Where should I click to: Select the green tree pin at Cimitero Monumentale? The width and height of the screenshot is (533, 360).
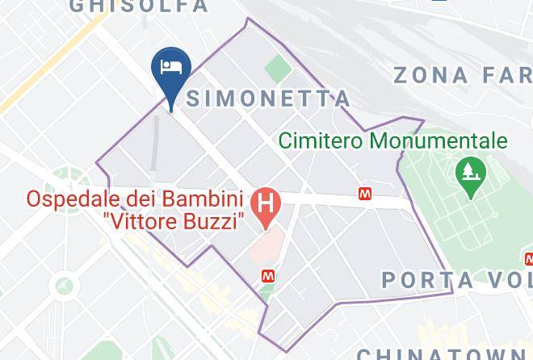(468, 171)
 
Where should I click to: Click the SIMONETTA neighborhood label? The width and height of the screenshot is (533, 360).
(268, 98)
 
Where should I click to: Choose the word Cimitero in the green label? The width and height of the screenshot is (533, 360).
(321, 141)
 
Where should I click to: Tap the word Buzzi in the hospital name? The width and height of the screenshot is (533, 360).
(213, 221)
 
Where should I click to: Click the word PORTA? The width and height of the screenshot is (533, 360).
(426, 280)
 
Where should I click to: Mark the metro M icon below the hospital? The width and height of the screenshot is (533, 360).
(268, 275)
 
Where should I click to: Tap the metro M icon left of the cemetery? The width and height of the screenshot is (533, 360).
(366, 194)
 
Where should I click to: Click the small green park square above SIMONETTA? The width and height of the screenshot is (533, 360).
(278, 68)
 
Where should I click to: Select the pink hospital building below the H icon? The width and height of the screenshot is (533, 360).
(263, 244)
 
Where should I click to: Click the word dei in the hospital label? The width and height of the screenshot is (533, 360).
(148, 198)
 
